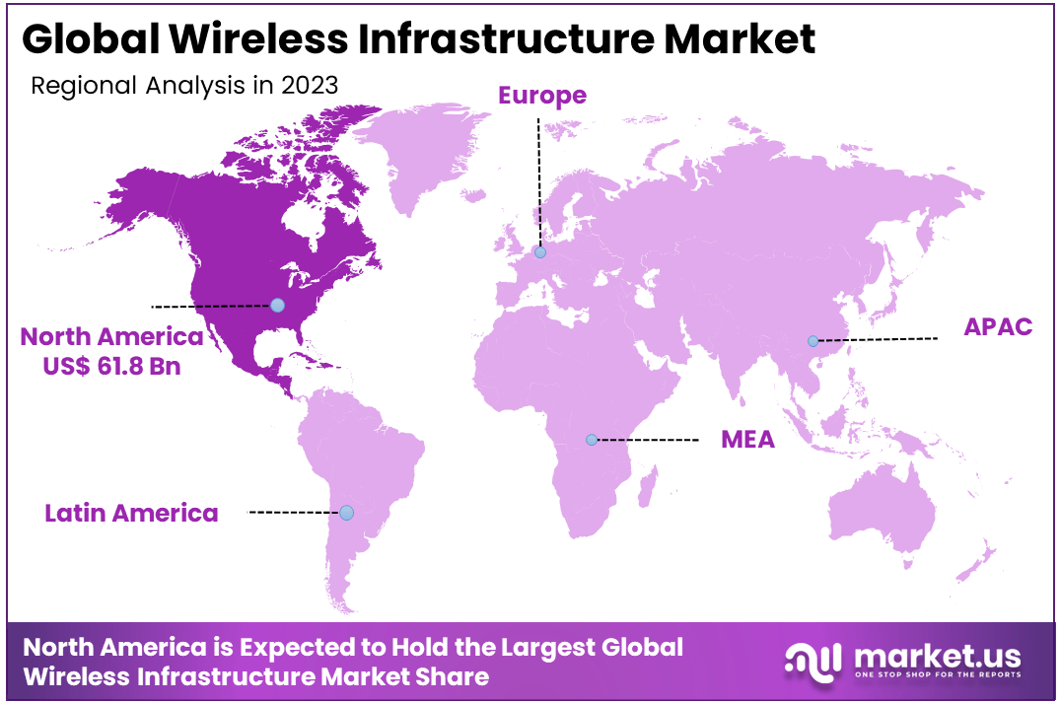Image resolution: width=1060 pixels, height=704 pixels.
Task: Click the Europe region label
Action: tap(541, 96)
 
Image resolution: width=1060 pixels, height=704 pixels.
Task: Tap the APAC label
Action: tap(998, 327)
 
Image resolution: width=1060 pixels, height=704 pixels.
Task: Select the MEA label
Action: tap(747, 440)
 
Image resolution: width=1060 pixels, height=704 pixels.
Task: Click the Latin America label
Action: tap(131, 513)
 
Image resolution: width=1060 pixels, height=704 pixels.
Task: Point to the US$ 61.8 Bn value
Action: tap(111, 365)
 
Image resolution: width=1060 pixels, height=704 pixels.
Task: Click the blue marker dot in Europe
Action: tap(539, 252)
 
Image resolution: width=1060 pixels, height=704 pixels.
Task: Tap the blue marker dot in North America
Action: tap(277, 306)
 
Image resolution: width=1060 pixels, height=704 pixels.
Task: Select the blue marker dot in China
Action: tap(813, 341)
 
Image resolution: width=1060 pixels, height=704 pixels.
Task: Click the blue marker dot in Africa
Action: tap(591, 440)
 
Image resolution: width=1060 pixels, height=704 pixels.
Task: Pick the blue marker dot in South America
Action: tap(346, 513)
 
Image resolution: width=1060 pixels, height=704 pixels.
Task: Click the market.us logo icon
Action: tap(813, 660)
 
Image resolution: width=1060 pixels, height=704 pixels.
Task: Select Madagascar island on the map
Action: tap(649, 483)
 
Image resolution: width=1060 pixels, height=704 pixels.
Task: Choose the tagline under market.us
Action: tap(936, 676)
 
